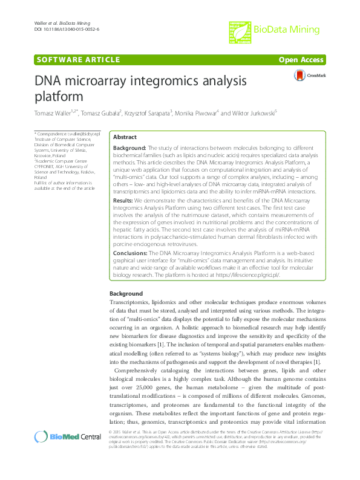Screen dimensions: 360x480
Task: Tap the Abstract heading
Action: click(x=125, y=137)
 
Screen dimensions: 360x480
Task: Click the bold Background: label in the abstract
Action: click(x=130, y=148)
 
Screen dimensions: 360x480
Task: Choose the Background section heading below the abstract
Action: click(x=126, y=293)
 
